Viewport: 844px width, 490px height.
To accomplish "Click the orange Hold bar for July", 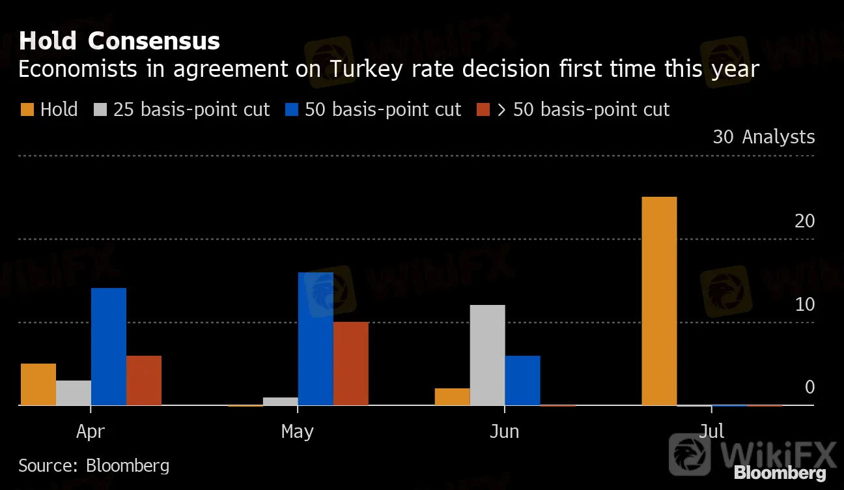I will pos(659,301).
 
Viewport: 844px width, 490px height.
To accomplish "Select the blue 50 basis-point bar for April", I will pos(109,347).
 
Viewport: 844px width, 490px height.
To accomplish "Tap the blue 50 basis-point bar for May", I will pos(316,339).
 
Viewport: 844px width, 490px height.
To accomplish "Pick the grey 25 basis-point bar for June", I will pos(487,355).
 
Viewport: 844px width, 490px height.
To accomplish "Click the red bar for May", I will pos(351,364).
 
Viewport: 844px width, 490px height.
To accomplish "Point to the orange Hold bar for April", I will pos(38,384).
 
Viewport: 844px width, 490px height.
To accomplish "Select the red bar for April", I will pos(144,381).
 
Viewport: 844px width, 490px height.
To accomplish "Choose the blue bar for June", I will pos(522,381).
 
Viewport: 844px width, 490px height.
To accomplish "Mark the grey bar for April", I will pos(74,393).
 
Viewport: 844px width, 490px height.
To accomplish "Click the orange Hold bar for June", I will pos(452,397).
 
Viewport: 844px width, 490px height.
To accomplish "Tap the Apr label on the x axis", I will pos(91,431).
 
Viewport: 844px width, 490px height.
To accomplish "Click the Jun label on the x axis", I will pos(504,431).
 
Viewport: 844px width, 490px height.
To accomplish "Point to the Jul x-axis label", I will pos(711,431).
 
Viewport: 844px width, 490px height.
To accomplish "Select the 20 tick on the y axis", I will pos(805,221).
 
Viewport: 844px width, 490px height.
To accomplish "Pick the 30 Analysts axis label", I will pos(763,137).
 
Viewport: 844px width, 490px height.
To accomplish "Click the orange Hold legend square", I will pos(27,109).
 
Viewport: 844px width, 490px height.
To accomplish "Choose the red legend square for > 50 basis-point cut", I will pos(483,109).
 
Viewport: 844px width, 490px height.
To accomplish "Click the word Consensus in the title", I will pos(154,41).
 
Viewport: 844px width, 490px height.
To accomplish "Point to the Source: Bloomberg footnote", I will pos(94,465).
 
